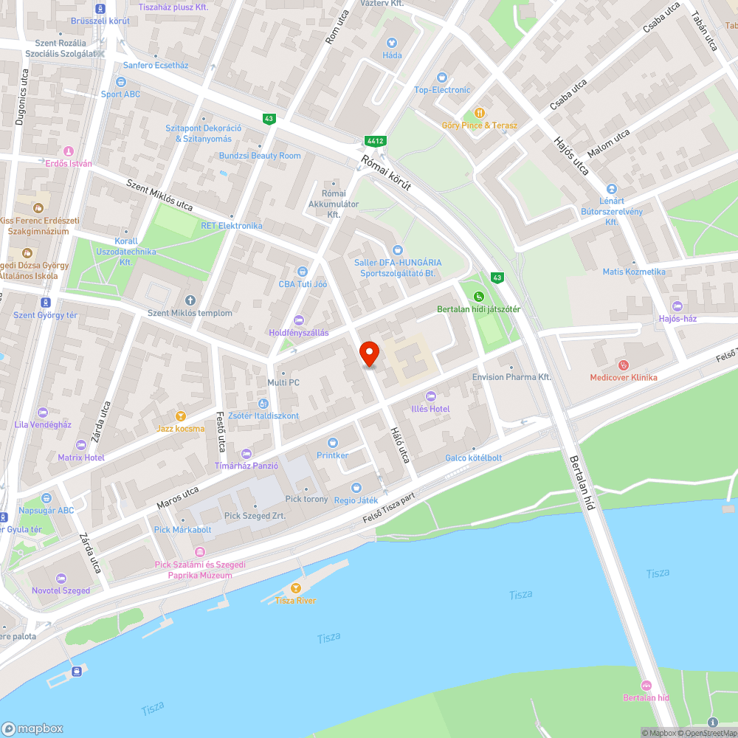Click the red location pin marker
[x=370, y=354]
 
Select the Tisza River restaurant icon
[x=295, y=588]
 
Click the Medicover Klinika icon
[x=624, y=365]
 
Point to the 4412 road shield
[x=374, y=140]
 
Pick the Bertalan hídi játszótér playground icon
[x=479, y=297]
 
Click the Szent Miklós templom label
[x=190, y=313]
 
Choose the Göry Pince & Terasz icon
[x=480, y=113]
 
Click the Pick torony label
[x=306, y=500]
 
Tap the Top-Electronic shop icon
[x=442, y=77]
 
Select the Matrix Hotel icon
[x=81, y=445]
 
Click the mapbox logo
[x=32, y=728]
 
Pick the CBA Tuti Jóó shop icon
[x=302, y=272]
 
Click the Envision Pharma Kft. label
[x=512, y=377]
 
